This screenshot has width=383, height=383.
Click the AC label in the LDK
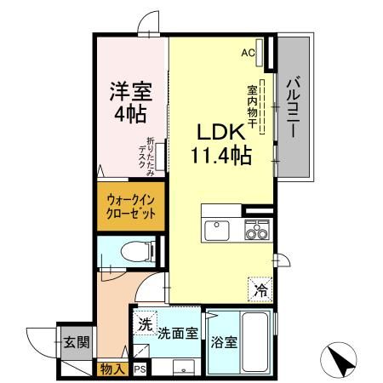[248, 53]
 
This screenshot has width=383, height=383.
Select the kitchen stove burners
[254, 230]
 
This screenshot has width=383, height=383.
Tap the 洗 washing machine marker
[146, 323]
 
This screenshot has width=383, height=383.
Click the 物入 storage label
[113, 369]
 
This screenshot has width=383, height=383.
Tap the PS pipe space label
[138, 369]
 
